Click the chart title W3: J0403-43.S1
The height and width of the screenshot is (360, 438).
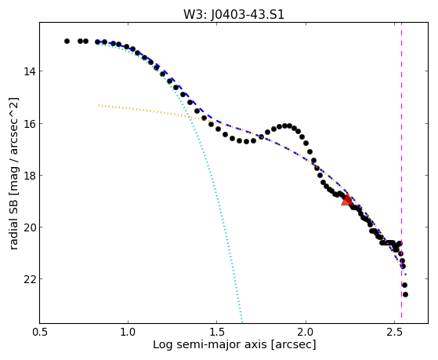click(x=233, y=15)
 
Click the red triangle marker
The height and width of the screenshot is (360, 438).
click(x=347, y=199)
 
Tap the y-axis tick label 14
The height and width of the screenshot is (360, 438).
click(x=30, y=71)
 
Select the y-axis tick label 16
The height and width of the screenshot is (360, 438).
click(x=30, y=123)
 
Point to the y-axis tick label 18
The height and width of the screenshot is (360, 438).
click(x=30, y=176)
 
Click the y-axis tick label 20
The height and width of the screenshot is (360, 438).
click(x=30, y=227)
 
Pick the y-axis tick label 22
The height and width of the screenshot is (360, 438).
click(x=30, y=279)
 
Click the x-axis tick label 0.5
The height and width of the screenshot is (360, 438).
click(x=40, y=333)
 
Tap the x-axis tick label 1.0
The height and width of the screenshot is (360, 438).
click(x=129, y=333)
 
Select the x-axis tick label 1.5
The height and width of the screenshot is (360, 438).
click(x=217, y=333)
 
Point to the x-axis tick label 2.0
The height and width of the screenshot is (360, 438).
click(x=306, y=333)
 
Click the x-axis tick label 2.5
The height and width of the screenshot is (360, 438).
click(x=394, y=333)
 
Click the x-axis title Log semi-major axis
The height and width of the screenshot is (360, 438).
click(x=210, y=344)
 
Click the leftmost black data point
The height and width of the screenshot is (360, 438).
click(x=67, y=41)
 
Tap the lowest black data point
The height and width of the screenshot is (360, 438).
click(x=405, y=295)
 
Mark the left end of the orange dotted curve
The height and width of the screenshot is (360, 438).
click(x=98, y=105)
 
